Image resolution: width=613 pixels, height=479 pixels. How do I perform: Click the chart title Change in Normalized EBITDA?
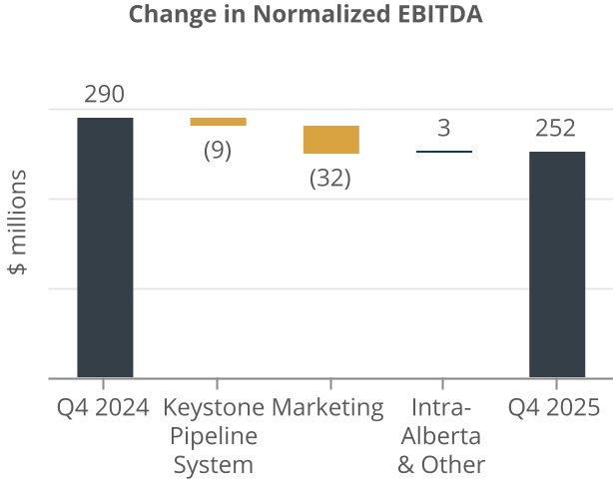[x=306, y=16]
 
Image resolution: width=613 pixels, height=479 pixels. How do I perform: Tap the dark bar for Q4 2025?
[x=556, y=264]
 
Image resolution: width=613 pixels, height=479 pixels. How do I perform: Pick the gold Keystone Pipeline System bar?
[x=218, y=122]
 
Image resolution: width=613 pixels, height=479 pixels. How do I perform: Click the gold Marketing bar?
[x=330, y=140]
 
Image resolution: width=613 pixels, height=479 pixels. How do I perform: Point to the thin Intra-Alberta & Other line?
[x=443, y=152]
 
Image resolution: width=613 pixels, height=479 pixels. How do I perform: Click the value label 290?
[x=105, y=96]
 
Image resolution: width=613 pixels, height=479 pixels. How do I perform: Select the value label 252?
[x=556, y=129]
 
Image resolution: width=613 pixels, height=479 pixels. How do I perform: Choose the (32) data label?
[x=330, y=180]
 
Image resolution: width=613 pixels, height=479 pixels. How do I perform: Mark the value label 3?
[x=443, y=129]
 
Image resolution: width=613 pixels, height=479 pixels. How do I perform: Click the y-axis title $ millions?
[x=19, y=223]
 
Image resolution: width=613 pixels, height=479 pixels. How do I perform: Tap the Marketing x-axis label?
[x=327, y=407]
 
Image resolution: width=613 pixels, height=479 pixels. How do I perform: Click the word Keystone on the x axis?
[x=214, y=407]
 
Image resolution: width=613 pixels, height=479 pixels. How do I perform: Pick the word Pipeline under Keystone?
[x=214, y=436]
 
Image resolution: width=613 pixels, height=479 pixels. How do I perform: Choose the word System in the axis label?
[x=214, y=465]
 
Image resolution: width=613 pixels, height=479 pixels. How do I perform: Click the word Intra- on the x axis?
[x=441, y=407]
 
